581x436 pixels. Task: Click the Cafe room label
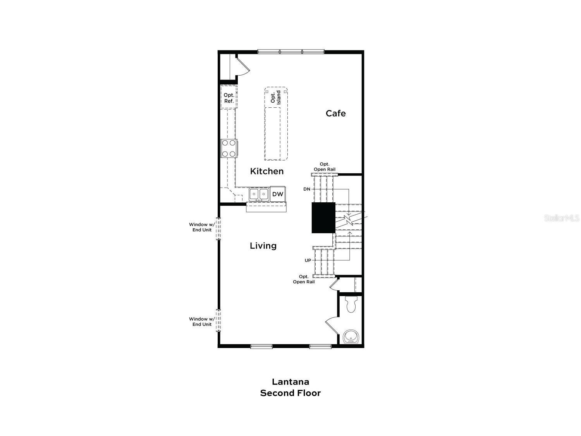tap(335, 113)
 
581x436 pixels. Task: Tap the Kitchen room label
tap(266, 171)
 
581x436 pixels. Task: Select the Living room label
tap(263, 245)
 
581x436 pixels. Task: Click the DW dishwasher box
tap(278, 194)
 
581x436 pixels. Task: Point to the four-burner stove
tap(229, 148)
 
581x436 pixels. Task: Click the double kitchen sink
tap(259, 194)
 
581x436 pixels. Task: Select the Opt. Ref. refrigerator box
tap(229, 98)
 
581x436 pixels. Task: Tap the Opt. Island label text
tap(275, 97)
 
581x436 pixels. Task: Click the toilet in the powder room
tap(351, 305)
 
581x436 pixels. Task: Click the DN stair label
tap(307, 189)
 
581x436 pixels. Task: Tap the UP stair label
tap(308, 260)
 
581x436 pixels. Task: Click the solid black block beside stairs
tap(323, 217)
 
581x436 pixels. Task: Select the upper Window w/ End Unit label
tap(201, 227)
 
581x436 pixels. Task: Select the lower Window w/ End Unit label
tap(201, 322)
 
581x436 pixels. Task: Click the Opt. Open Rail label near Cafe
tap(325, 167)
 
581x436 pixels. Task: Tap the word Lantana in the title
tap(290, 382)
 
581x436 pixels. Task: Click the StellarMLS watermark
tap(561, 218)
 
